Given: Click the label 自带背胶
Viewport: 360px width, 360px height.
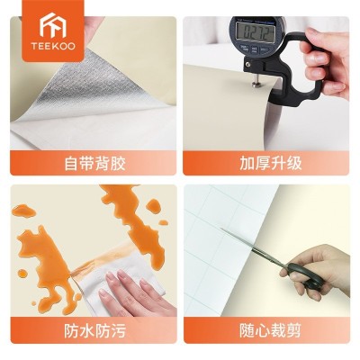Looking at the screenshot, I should (x=90, y=164).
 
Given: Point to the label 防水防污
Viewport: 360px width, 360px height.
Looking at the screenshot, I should (x=90, y=329).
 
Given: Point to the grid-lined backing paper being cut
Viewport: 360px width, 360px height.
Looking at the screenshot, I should (x=225, y=225).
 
